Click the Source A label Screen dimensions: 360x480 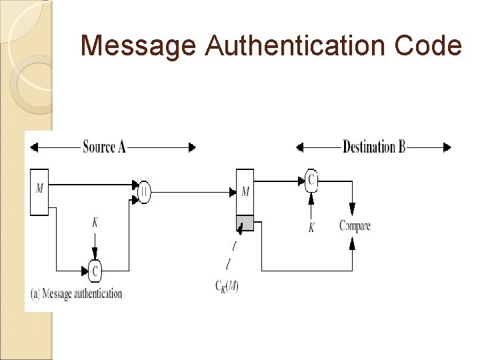pos(104,147)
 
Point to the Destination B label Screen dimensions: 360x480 pos(374,147)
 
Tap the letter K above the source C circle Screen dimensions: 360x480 pos(95,223)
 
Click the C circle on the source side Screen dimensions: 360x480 pos(95,271)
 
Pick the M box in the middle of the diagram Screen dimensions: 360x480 pos(245,193)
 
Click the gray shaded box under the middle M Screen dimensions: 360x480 pos(245,223)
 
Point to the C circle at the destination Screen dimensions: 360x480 pos(311,179)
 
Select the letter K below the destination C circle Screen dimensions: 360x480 pos(311,228)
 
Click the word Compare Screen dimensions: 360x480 pos(355,226)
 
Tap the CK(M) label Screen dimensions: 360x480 pos(227,287)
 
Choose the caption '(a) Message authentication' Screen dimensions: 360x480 pos(75,293)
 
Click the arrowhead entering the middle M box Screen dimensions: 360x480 pos(233,192)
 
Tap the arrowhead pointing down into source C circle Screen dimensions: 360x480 pos(95,255)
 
